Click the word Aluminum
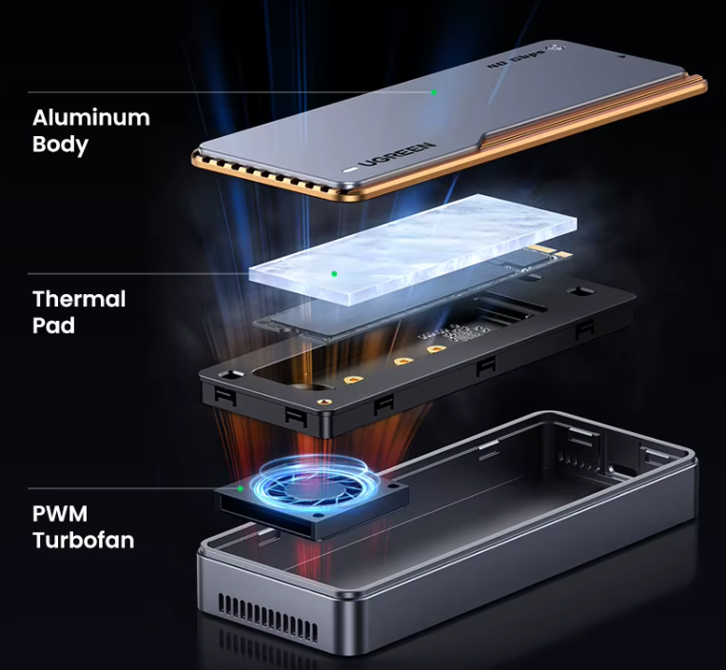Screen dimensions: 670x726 pos(91,118)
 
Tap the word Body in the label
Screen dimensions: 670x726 pos(60,145)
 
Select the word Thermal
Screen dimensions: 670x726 pos(79,299)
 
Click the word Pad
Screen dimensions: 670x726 pos(53,325)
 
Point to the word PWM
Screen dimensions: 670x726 pos(60,514)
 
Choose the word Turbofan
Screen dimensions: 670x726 pos(83,541)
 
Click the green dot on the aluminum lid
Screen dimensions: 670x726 pos(434,92)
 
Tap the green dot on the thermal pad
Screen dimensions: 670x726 pos(334,274)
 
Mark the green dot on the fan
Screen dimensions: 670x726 pos(242,488)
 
